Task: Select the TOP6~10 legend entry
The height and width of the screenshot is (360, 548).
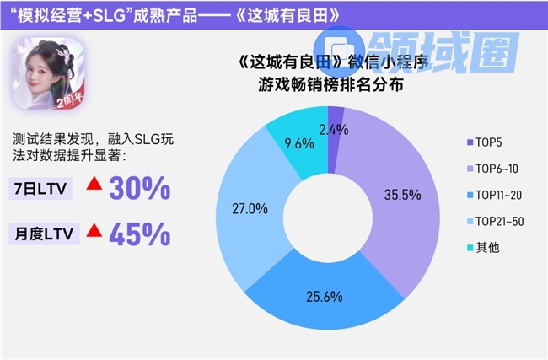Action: (497, 168)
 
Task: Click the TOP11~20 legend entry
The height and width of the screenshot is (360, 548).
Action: (500, 194)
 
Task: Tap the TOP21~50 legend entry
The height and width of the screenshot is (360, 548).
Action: (500, 220)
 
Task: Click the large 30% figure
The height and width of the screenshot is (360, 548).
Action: (142, 189)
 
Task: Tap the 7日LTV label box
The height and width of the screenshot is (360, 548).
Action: (40, 189)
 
